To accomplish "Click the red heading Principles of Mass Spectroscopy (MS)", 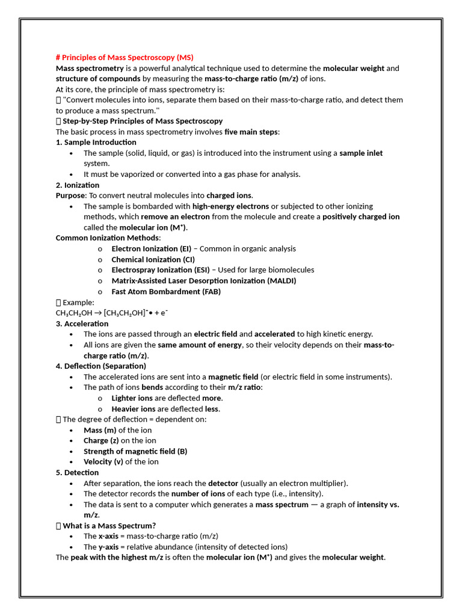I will pos(125,58).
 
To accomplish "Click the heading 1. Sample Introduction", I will pos(96,142).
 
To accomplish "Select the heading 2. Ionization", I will pos(78,185).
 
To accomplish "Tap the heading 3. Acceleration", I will pos(82,324).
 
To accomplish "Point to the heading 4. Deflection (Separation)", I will pos(101,366).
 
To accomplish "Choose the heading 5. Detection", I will pos(78,472).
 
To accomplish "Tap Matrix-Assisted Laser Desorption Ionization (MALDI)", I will pos(204,280).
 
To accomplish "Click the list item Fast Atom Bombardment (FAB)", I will pos(166,291).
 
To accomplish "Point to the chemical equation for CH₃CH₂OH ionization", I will pos(112,313).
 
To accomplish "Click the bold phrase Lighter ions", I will pos(132,398).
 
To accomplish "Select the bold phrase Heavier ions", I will pos(133,408).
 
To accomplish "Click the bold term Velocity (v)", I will pos(103,461).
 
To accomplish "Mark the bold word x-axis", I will pos(108,536).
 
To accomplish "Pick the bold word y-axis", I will pos(108,547).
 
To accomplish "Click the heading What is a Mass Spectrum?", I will pos(109,525).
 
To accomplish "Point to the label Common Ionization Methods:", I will pos(108,238).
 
